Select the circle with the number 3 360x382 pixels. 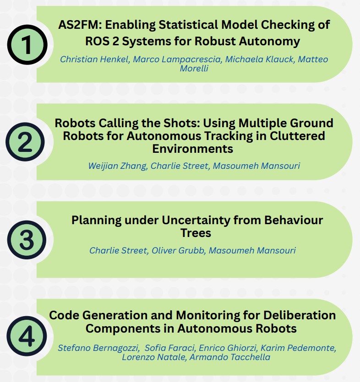pos(27,240)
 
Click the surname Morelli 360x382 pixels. pos(194,68)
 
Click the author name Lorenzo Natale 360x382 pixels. pos(148,356)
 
